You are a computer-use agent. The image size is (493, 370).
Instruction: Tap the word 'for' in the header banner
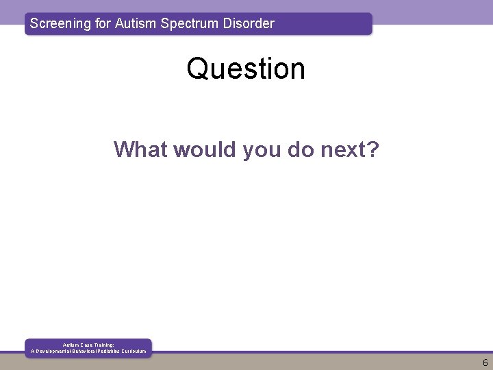pyautogui.click(x=104, y=23)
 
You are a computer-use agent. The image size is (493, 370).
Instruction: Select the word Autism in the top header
pyautogui.click(x=136, y=23)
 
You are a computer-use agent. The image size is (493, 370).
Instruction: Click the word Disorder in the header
pyautogui.click(x=249, y=23)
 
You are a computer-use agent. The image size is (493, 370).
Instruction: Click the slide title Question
pyautogui.click(x=246, y=69)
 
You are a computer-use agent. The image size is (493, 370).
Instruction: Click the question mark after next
pyautogui.click(x=372, y=149)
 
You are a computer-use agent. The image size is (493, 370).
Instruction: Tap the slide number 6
pyautogui.click(x=485, y=362)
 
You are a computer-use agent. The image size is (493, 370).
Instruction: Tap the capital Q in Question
pyautogui.click(x=197, y=69)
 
